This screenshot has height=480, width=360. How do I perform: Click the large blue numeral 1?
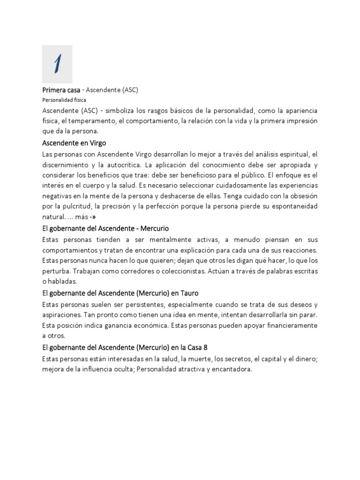point(57,64)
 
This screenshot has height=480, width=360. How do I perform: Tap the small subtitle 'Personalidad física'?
point(64,100)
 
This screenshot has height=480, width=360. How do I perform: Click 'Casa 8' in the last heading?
point(195,347)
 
